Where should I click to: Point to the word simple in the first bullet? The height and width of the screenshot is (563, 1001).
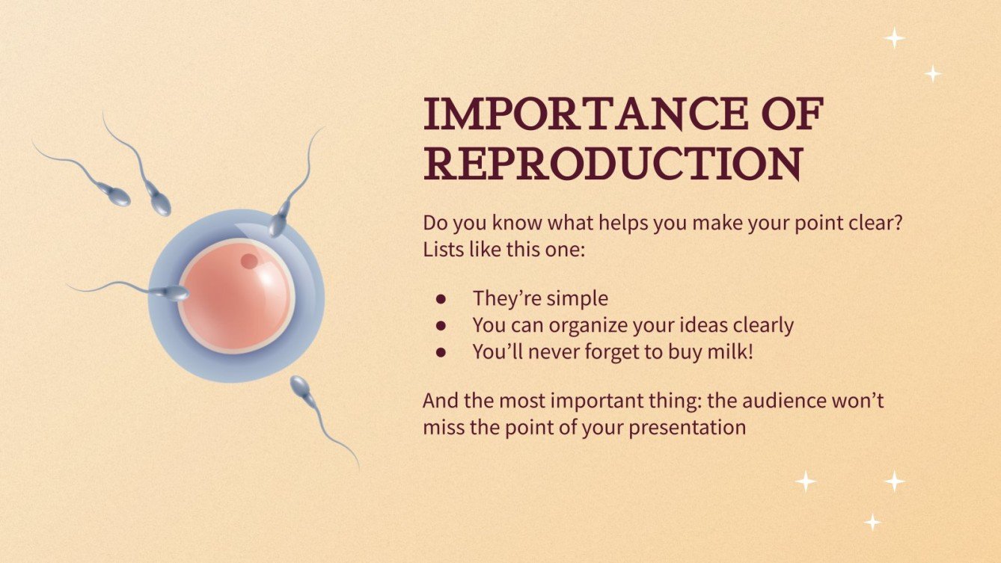(x=576, y=298)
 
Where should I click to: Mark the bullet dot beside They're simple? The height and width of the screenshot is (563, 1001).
(x=441, y=299)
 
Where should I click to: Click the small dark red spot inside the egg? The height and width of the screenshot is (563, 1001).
(x=249, y=261)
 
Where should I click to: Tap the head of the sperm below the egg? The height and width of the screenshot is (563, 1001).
(x=300, y=386)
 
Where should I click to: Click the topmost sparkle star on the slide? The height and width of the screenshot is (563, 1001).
(x=894, y=37)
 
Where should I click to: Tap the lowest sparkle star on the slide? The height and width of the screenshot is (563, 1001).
(x=872, y=521)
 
